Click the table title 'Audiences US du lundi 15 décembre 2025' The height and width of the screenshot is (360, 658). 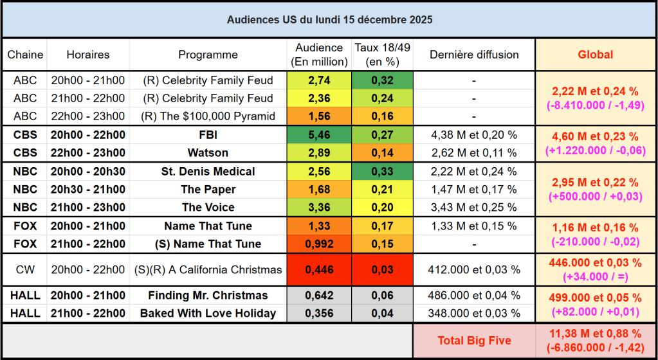[329, 19]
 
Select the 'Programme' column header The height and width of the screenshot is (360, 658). [208, 55]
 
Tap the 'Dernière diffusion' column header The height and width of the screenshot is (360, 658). [473, 55]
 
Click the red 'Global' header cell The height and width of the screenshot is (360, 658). [595, 55]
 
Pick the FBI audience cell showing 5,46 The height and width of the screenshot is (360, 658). [319, 135]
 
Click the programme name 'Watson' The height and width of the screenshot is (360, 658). [208, 153]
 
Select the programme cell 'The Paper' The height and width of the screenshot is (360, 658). [208, 190]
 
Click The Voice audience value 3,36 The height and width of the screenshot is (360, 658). [319, 207]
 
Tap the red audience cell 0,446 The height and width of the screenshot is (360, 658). [319, 270]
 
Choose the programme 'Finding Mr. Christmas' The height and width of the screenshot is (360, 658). [208, 296]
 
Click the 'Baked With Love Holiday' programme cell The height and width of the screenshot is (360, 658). [208, 314]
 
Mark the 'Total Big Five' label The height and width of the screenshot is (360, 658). [473, 341]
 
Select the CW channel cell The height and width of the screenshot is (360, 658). [25, 270]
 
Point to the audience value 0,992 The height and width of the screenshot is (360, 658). [319, 244]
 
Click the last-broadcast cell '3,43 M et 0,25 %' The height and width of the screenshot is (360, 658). [473, 207]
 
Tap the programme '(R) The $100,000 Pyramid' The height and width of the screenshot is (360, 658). [208, 116]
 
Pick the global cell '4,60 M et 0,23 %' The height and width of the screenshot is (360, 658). [595, 136]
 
